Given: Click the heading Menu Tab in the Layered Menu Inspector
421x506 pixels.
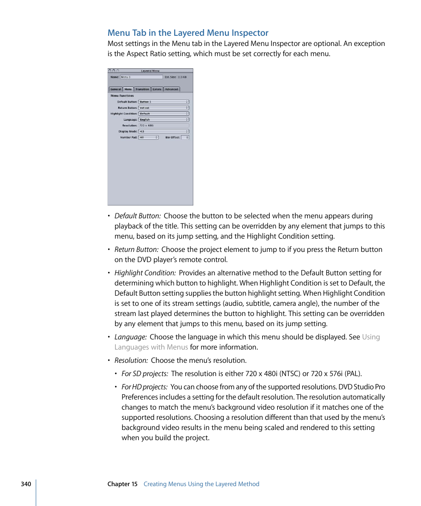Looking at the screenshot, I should tap(188, 33).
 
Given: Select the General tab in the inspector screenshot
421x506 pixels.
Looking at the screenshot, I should tap(116, 89).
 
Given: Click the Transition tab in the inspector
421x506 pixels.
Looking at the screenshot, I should tap(142, 89).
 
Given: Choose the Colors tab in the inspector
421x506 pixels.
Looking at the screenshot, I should tap(157, 89).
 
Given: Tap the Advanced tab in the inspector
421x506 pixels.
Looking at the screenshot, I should tap(171, 89).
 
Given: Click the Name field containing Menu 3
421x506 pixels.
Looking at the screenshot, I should tap(141, 77).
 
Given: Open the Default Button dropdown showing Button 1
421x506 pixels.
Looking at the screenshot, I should tap(164, 102).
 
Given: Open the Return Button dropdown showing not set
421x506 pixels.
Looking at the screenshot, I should tap(164, 108).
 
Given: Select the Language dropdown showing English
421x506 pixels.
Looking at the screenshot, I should tap(164, 119).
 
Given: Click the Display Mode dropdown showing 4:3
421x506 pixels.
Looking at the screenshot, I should tap(164, 131).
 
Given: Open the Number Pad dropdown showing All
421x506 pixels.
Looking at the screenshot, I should tap(148, 137).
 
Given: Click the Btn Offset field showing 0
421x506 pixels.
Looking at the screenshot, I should tap(185, 137).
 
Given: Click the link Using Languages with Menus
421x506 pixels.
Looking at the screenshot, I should tap(151, 347).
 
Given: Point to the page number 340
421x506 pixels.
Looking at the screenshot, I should tap(26, 484).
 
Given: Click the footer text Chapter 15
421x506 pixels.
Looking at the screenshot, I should tap(122, 484).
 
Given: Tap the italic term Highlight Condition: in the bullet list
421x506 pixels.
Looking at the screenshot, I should tap(145, 273).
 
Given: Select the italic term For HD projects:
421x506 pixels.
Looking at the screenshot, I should tap(144, 387).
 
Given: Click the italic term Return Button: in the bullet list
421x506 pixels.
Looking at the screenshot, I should tap(136, 249).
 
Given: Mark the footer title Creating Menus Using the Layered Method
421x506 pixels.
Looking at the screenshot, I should tap(201, 484).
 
